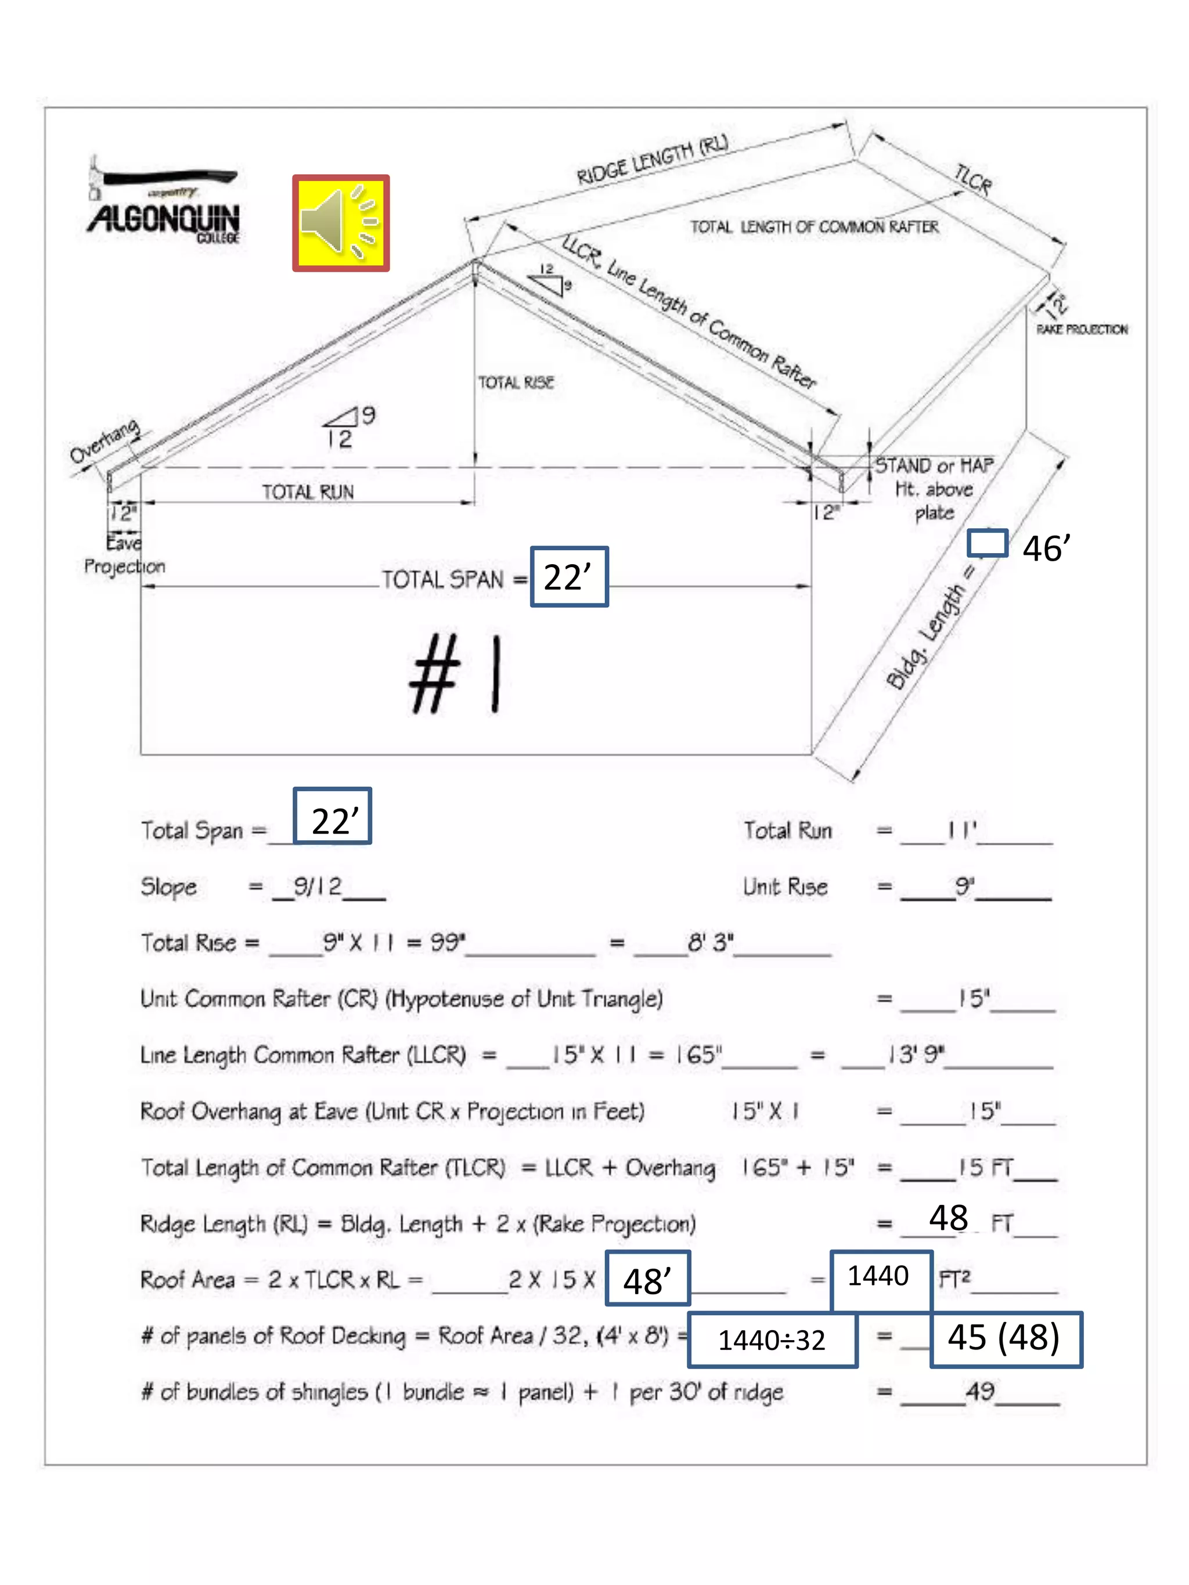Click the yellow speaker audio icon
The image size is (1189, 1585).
click(340, 223)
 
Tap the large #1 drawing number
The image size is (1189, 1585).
click(456, 674)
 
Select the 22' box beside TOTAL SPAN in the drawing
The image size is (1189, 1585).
click(568, 577)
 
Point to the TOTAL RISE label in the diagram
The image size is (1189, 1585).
click(516, 382)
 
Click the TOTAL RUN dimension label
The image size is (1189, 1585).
click(308, 492)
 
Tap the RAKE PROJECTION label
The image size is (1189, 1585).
click(1082, 330)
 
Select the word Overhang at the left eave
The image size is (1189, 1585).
click(105, 442)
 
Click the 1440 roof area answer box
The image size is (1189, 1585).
click(880, 1276)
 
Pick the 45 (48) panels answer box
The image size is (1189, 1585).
click(1005, 1338)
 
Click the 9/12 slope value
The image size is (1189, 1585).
click(318, 886)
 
